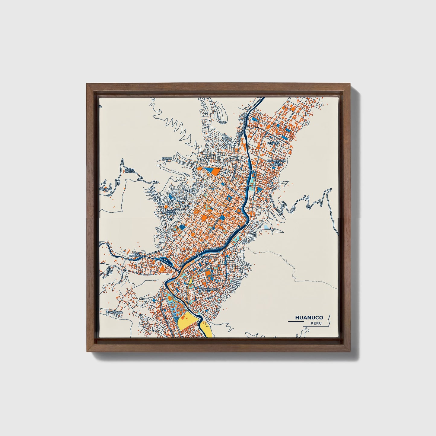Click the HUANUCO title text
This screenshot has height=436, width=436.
309,317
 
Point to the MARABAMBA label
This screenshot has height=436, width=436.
114,312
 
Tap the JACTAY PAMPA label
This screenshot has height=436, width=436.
129,171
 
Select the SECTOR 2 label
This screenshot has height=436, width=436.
167,159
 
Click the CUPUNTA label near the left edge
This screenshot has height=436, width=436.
106,189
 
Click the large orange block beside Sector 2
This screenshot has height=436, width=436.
215,171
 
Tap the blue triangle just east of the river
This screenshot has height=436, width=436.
259,189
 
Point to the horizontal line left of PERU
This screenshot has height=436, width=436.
299,322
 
